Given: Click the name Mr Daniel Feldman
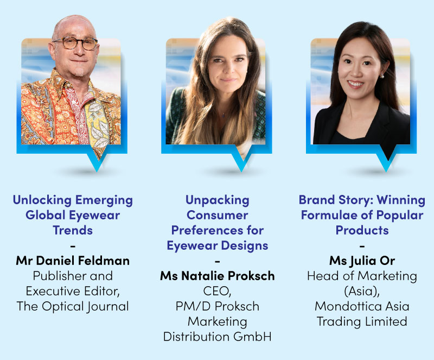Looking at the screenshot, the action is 73,261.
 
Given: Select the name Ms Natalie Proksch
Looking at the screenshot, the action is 218,276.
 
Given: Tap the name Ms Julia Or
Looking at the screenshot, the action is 362,261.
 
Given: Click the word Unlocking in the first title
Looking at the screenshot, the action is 42,200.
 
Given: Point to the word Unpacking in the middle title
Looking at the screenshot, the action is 218,200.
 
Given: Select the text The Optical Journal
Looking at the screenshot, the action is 73,306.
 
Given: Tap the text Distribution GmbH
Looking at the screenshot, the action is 218,337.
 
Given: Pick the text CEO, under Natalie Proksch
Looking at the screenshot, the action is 218,291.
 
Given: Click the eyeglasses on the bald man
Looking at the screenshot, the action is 75,43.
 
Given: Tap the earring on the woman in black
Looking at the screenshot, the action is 382,76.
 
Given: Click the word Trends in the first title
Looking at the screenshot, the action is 73,230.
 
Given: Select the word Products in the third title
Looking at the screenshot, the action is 362,230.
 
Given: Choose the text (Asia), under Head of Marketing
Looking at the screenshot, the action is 362,291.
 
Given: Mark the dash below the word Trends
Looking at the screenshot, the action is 73,245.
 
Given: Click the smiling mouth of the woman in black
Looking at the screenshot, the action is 356,83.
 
